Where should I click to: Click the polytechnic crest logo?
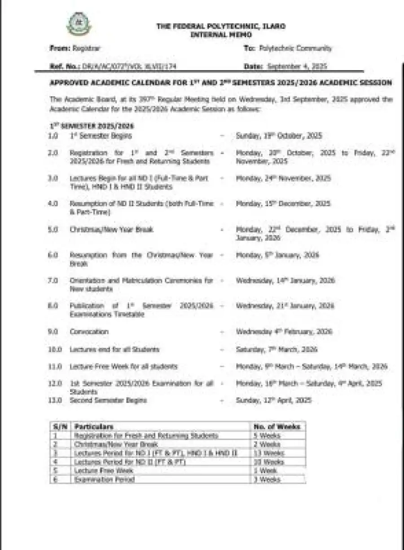tap(79, 24)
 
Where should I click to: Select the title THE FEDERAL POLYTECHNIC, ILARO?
tap(220, 27)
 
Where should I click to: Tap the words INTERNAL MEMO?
tap(221, 35)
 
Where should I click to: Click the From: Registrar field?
tap(75, 48)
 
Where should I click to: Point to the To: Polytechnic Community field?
tap(288, 48)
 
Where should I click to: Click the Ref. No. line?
tap(113, 67)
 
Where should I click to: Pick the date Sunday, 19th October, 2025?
tap(279, 136)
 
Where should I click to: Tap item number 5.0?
tap(53, 229)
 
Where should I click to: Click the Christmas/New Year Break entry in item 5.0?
tap(111, 229)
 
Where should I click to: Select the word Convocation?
tap(89, 332)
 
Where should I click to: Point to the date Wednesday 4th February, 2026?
tap(284, 332)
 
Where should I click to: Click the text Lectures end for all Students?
tap(114, 349)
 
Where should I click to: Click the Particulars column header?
tap(94, 426)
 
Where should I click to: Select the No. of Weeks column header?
tap(277, 426)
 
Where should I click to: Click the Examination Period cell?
tap(105, 479)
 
